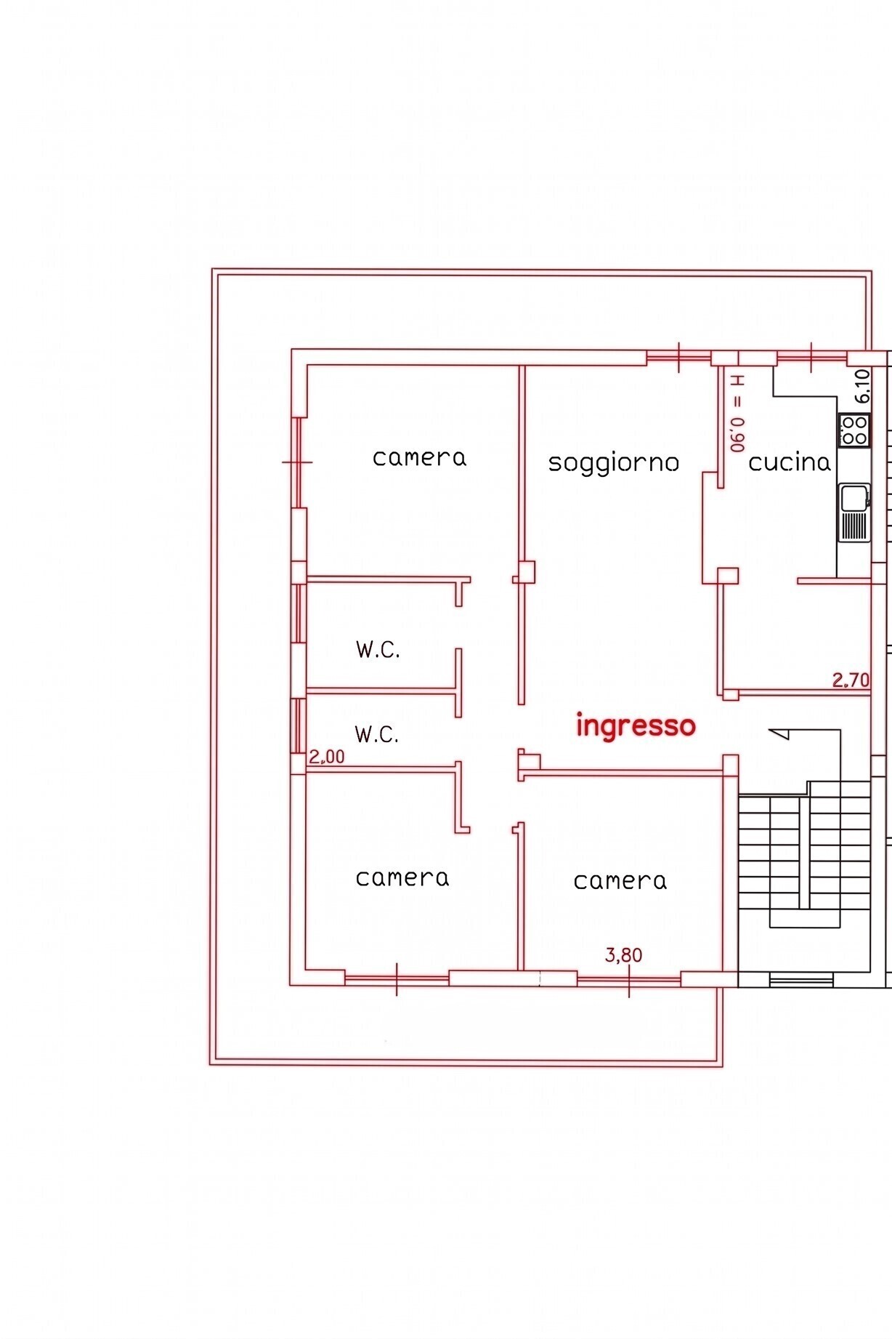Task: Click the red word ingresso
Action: pyautogui.click(x=636, y=726)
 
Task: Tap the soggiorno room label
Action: pyautogui.click(x=614, y=463)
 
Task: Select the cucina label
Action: pyautogui.click(x=789, y=462)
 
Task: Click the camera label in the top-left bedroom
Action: pyautogui.click(x=419, y=458)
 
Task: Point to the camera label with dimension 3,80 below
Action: pyautogui.click(x=620, y=881)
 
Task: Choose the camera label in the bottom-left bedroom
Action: pyautogui.click(x=402, y=878)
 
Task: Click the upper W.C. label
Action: pyautogui.click(x=378, y=650)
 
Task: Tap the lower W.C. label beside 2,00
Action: pyautogui.click(x=376, y=734)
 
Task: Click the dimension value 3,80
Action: pyautogui.click(x=624, y=955)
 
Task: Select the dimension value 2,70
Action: pyautogui.click(x=851, y=680)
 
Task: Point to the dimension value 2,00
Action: pyautogui.click(x=327, y=757)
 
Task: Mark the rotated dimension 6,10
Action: pyautogui.click(x=862, y=386)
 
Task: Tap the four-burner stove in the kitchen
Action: pyautogui.click(x=854, y=429)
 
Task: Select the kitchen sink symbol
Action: pyautogui.click(x=854, y=512)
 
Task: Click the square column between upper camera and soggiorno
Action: pyautogui.click(x=527, y=571)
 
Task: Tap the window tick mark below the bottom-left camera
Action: pyautogui.click(x=397, y=979)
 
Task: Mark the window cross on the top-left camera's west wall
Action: pyautogui.click(x=297, y=462)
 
